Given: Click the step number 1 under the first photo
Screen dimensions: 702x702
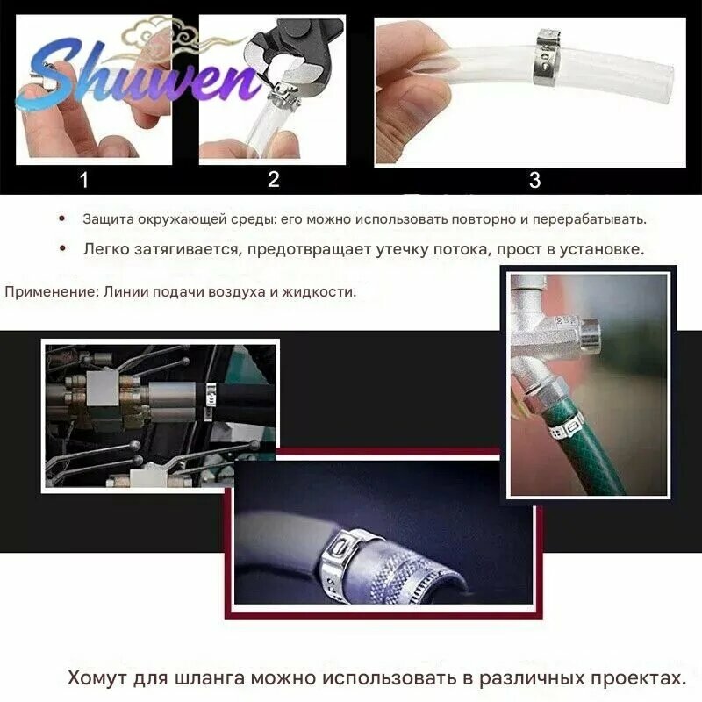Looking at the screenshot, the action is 83,180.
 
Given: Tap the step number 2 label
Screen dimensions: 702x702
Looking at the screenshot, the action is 274,180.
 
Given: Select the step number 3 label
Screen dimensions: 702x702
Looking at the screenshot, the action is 534,180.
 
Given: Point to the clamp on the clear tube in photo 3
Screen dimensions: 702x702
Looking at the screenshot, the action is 546,57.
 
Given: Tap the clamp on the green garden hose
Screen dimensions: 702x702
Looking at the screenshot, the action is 567,427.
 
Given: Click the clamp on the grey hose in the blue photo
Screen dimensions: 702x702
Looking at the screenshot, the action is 344,560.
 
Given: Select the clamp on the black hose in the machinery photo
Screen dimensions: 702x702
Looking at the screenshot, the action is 210,401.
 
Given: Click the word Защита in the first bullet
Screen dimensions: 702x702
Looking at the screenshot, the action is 108,219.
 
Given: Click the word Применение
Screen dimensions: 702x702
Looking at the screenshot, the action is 51,292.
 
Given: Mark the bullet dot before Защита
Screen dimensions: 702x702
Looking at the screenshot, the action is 61,218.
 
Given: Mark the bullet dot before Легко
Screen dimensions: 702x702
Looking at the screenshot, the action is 62,248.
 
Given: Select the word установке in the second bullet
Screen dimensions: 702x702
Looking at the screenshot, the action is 602,249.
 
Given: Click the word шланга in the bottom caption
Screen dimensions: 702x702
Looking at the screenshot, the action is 210,677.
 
